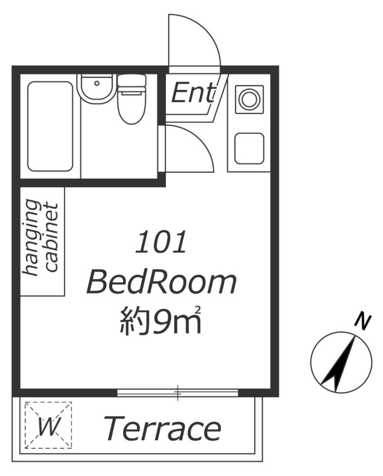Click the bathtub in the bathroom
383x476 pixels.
click(x=50, y=126)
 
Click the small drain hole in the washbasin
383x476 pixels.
click(x=97, y=83)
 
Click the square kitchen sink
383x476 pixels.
click(x=248, y=147)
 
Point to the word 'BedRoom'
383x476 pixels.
click(x=161, y=283)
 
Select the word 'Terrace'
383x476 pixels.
click(x=162, y=428)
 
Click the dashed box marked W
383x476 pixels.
click(x=48, y=425)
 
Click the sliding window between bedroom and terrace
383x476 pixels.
click(x=177, y=393)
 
